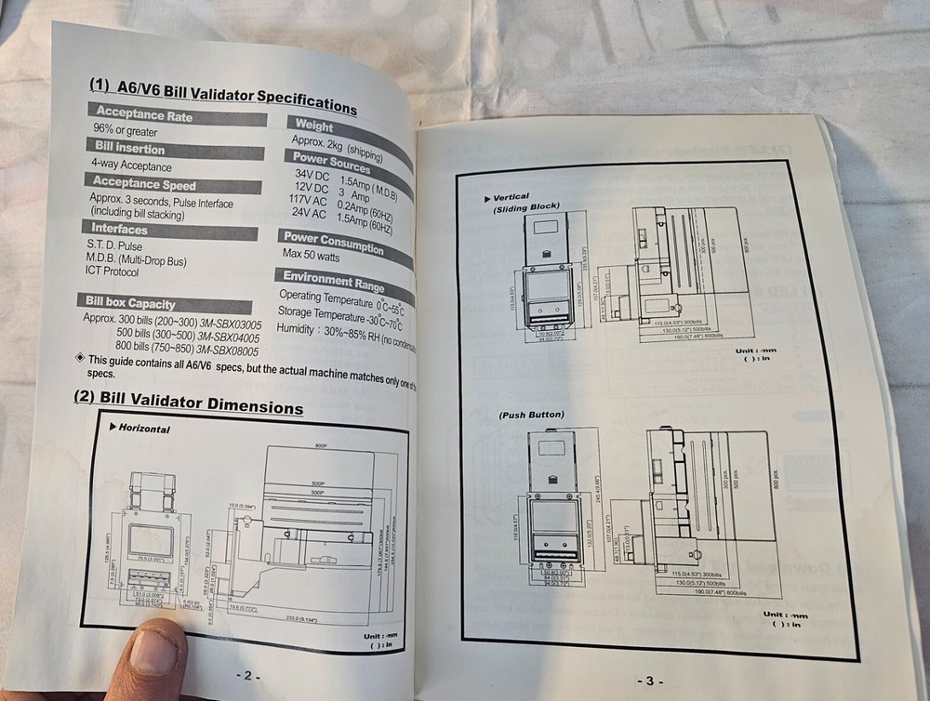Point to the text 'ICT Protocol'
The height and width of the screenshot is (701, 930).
point(113,272)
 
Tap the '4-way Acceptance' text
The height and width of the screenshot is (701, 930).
point(131,166)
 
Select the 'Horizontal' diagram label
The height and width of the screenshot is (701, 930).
point(139,429)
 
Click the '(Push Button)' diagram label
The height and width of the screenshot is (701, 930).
point(531,414)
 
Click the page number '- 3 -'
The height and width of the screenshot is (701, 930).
point(649,681)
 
